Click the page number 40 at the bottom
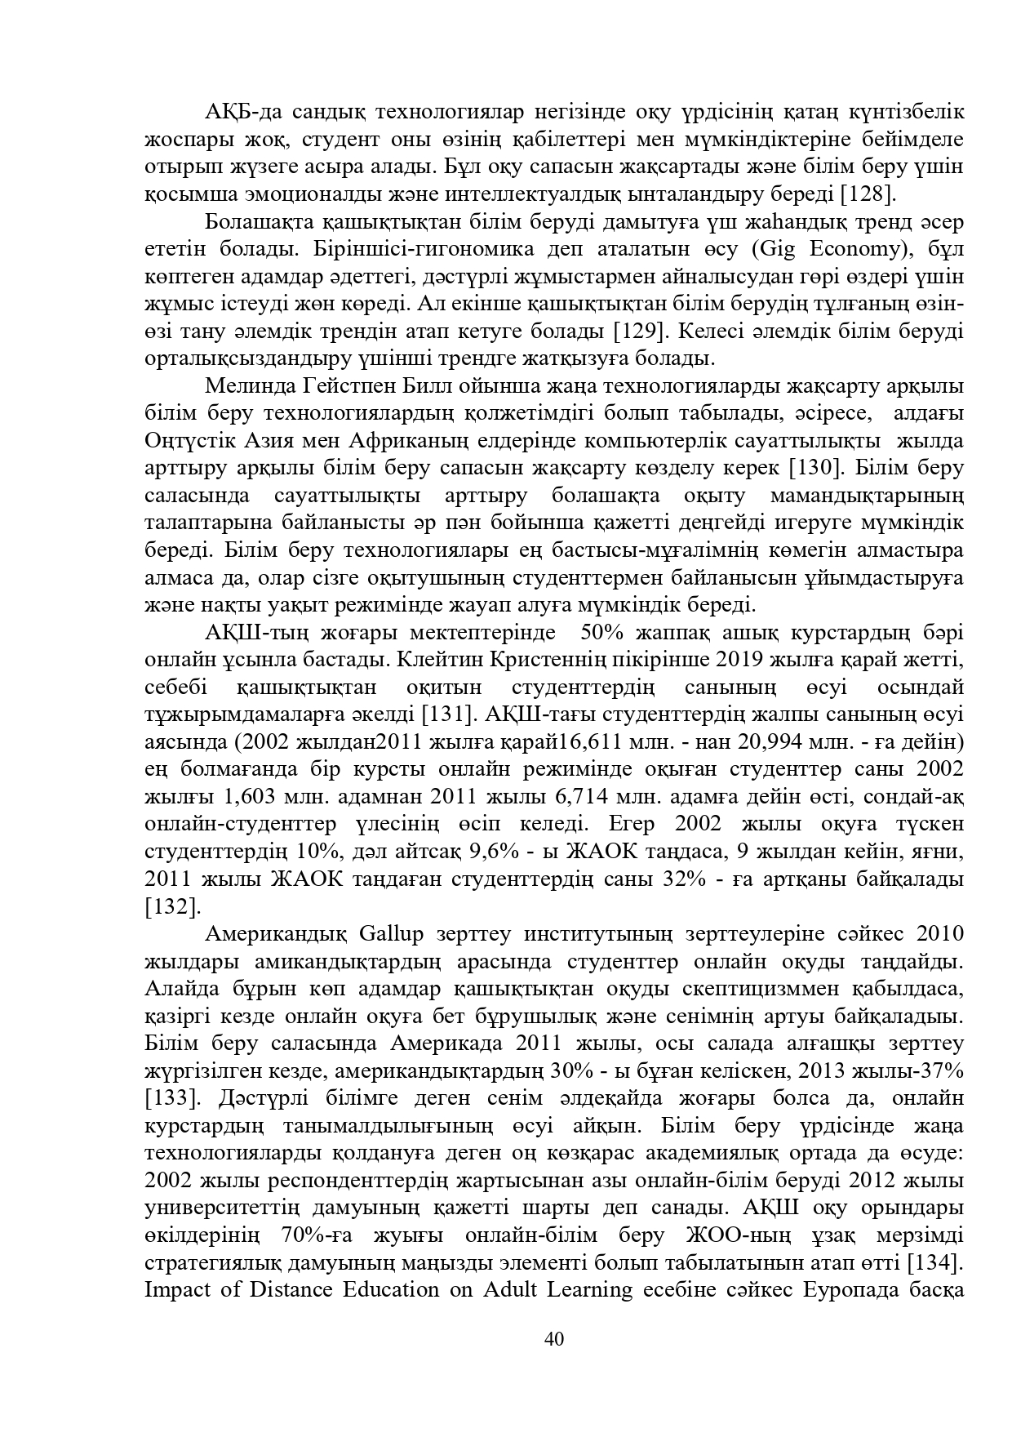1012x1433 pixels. [x=554, y=1338]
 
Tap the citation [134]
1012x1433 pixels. [x=935, y=1263]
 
